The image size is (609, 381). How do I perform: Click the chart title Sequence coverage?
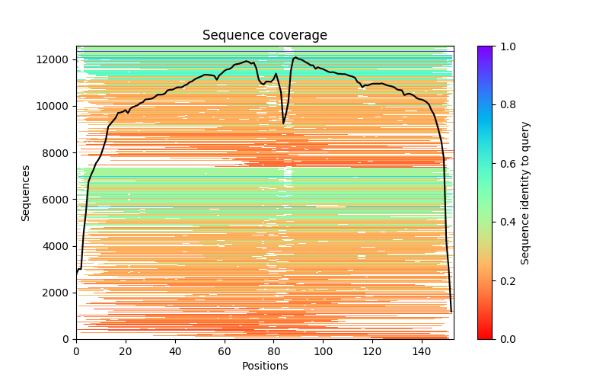tap(265, 35)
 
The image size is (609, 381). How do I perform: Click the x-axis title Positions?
tap(265, 366)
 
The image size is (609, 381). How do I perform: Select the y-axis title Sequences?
tap(26, 193)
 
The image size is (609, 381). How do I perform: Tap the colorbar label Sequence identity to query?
tap(525, 193)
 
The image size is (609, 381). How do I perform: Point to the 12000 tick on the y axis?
tap(53, 59)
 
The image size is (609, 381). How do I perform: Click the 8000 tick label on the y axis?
tap(56, 152)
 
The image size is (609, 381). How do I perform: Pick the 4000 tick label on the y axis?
tap(56, 246)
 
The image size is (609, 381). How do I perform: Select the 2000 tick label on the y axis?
tap(56, 293)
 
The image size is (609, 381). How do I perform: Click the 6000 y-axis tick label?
tap(56, 200)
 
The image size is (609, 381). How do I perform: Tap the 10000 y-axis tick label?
tap(53, 106)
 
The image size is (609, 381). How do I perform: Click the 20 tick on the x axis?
tap(126, 351)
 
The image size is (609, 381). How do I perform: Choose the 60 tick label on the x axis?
tap(225, 351)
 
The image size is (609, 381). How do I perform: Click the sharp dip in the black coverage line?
tap(284, 123)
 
